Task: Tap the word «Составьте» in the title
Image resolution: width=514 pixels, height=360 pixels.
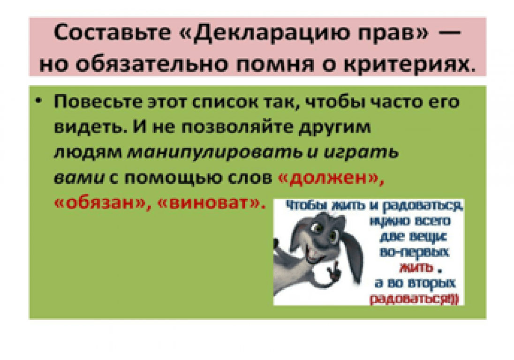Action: (x=113, y=33)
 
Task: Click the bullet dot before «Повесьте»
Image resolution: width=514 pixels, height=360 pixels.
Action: (x=39, y=101)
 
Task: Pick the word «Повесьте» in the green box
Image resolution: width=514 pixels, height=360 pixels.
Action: (x=98, y=102)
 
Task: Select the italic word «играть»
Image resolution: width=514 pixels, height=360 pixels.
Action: (x=361, y=153)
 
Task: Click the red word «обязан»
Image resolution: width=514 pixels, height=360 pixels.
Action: (x=99, y=203)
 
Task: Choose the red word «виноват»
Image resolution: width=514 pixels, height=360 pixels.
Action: (x=209, y=203)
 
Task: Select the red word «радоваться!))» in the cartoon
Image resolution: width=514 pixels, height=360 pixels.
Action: (x=415, y=299)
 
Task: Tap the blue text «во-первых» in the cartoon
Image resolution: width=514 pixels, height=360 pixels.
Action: (x=415, y=252)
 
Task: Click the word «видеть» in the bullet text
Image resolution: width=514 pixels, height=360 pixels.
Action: (x=89, y=127)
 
